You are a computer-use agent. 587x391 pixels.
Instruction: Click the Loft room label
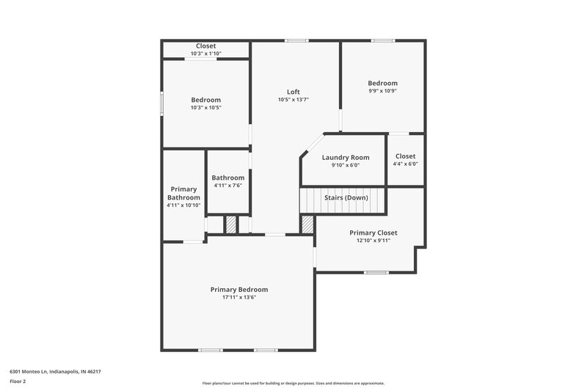pos(293,92)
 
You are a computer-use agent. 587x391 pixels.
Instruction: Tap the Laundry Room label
pos(346,158)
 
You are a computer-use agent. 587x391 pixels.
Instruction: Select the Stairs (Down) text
pos(346,198)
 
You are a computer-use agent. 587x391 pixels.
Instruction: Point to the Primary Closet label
pos(373,233)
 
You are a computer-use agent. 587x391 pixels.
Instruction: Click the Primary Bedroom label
pos(239,290)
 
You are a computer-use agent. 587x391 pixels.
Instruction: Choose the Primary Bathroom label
pos(183,194)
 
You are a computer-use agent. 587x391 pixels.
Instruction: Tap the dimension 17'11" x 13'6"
pos(239,297)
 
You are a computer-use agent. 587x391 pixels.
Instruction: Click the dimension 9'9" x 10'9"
pos(383,91)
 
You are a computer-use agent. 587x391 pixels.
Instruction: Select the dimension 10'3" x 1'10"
pos(205,54)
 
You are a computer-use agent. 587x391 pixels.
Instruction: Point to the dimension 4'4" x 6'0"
pos(405,164)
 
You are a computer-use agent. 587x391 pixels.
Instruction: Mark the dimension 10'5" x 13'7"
pos(293,100)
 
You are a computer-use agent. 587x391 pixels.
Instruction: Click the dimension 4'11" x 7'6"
pos(228,186)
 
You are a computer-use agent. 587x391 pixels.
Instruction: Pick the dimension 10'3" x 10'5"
pos(205,107)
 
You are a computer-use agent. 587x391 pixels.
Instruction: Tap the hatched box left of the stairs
pos(307,224)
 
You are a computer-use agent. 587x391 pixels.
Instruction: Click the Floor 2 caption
pos(18,381)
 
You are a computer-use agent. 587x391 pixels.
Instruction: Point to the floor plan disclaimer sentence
pos(293,383)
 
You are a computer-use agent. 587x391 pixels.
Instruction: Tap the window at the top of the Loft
pos(296,40)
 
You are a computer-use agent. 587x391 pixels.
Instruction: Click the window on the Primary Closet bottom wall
pos(376,272)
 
